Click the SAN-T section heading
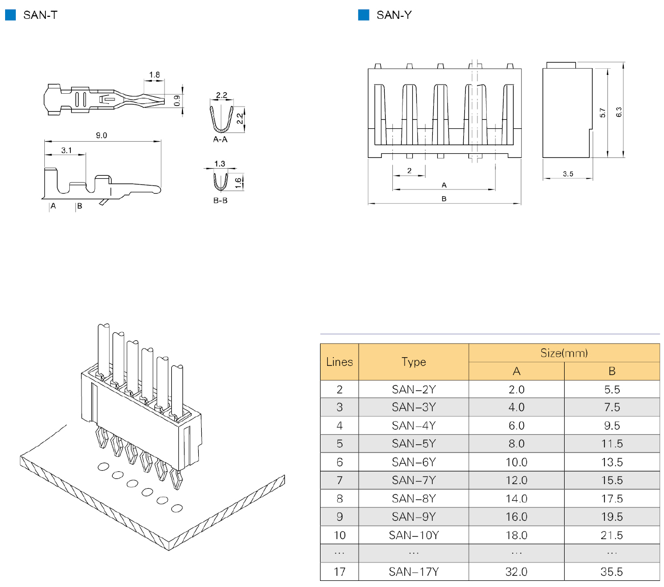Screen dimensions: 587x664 click(x=40, y=15)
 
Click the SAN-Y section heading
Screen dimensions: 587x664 click(x=393, y=15)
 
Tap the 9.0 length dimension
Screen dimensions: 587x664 click(x=101, y=136)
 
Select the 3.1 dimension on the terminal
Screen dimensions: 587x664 click(x=66, y=150)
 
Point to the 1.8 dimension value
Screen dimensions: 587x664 click(x=154, y=75)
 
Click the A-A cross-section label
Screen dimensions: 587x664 click(x=220, y=140)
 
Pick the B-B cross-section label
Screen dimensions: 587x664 click(x=220, y=201)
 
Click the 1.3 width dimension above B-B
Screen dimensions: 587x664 click(x=220, y=164)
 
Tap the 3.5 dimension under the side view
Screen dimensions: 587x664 click(x=568, y=174)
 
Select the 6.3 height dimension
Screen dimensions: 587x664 click(x=619, y=112)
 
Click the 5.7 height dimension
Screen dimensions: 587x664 click(x=602, y=113)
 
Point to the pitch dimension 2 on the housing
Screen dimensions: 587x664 click(x=409, y=171)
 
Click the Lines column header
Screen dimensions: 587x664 click(x=339, y=362)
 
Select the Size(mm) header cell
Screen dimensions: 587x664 click(x=564, y=353)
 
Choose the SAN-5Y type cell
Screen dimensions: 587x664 click(x=413, y=443)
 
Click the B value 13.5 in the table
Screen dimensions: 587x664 click(x=612, y=462)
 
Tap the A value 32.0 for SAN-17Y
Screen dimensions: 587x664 click(x=516, y=572)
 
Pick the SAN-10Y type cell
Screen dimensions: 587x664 click(x=413, y=535)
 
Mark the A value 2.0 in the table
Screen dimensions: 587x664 click(x=516, y=389)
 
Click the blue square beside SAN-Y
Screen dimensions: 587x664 click(x=363, y=15)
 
